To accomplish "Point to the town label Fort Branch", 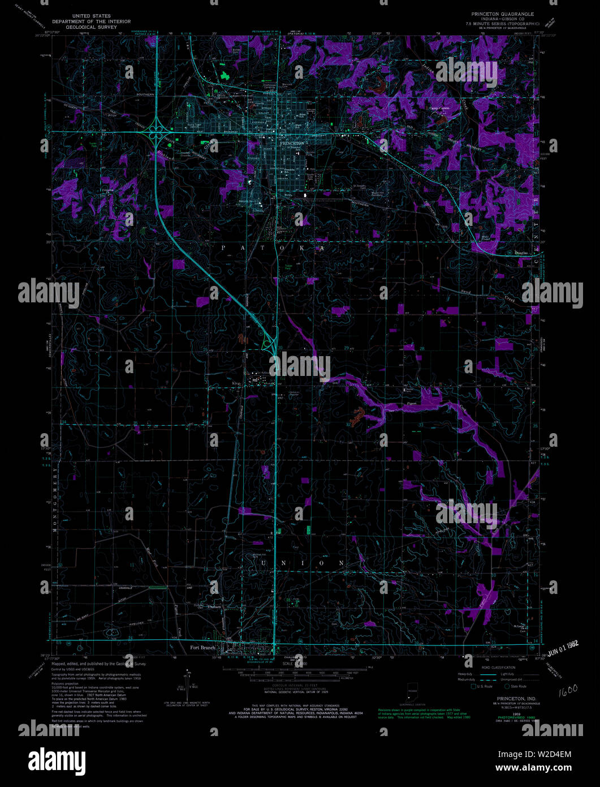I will (x=202, y=647).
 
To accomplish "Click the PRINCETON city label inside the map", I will (x=292, y=144).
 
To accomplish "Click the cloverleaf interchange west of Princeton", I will (x=153, y=134).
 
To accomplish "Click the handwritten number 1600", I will (x=568, y=691).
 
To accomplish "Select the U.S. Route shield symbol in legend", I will (x=474, y=686).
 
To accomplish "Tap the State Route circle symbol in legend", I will (x=507, y=686).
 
